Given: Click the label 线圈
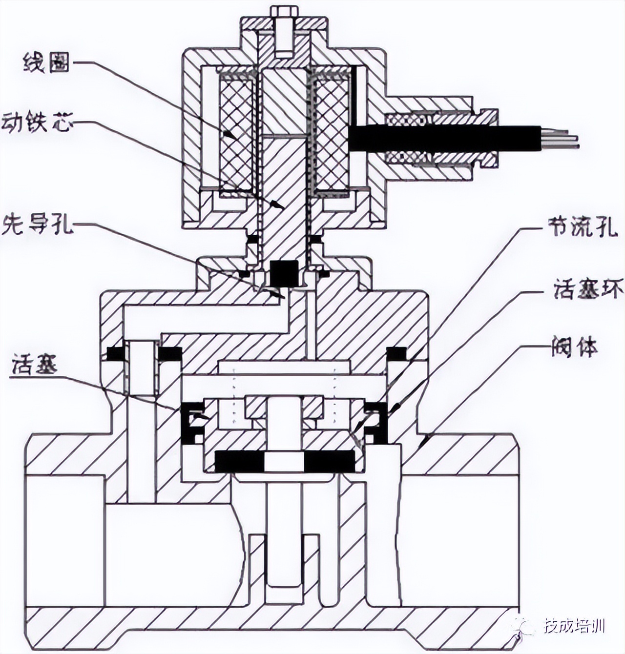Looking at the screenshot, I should pos(46,63).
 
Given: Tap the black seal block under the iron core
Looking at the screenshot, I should pos(284,273).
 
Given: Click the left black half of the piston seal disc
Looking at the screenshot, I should pos(239,461).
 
